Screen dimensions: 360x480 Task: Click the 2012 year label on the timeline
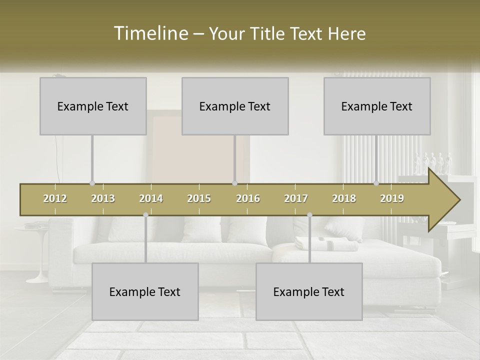coord(55,198)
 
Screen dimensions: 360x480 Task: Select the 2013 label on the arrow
coord(103,198)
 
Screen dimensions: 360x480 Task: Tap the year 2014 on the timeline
coord(151,198)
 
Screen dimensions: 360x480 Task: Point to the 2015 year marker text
coord(199,198)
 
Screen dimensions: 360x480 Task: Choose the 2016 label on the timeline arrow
coord(248,198)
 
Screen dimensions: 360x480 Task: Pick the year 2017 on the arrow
coord(296,198)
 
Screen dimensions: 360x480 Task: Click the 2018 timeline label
coord(344,198)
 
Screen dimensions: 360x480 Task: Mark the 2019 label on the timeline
coord(392,198)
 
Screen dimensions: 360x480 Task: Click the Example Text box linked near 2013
coord(93,106)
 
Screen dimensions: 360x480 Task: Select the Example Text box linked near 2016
coord(235,106)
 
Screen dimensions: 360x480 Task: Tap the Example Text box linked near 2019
coord(377,106)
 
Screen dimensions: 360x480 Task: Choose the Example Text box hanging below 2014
coord(145,291)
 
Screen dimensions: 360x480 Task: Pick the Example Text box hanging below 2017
coord(309,291)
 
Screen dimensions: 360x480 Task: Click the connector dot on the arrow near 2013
coord(92,183)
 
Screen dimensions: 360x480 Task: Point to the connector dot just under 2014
coord(145,214)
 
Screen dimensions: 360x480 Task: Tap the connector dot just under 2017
coord(309,214)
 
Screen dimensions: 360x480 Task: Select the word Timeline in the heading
coord(150,33)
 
